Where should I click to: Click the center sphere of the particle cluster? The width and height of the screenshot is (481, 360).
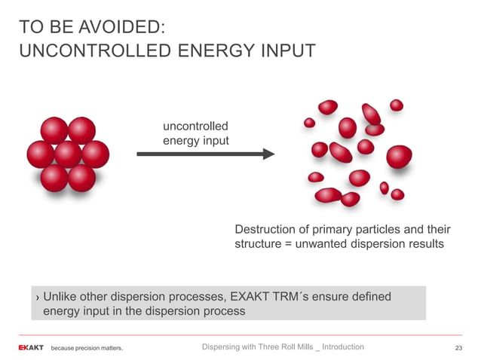68,154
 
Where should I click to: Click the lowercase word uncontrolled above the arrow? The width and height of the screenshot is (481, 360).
195,126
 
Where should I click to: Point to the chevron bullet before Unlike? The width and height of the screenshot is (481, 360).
38,297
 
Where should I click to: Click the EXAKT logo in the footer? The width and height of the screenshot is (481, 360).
31,347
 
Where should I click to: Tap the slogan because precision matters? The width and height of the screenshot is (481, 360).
87,348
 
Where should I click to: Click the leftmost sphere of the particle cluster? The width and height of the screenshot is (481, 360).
41,154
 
